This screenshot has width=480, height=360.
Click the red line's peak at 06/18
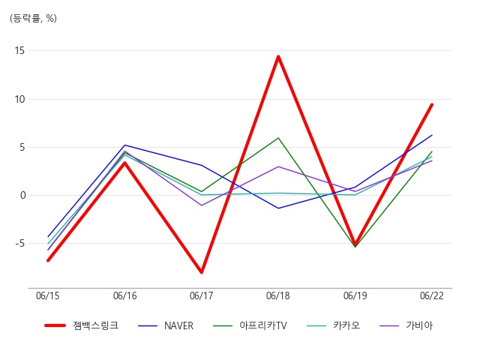click(x=278, y=56)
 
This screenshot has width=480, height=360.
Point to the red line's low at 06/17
click(x=202, y=271)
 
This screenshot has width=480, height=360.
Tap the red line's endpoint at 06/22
click(x=432, y=105)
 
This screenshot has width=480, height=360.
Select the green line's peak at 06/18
click(x=278, y=138)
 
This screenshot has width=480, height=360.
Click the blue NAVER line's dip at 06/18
click(x=278, y=208)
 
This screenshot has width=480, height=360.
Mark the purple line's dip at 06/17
click(x=202, y=205)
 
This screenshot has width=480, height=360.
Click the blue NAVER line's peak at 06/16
click(x=124, y=145)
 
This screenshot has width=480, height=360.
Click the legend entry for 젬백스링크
click(x=82, y=325)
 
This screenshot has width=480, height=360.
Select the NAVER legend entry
click(x=166, y=325)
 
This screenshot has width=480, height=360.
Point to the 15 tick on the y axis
click(x=19, y=50)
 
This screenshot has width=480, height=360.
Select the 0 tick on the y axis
click(x=22, y=195)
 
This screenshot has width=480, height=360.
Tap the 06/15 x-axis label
click(x=48, y=295)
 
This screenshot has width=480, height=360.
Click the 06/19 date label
click(x=355, y=295)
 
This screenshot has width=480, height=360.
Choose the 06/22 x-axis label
click(x=432, y=295)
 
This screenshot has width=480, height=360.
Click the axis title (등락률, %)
click(x=33, y=18)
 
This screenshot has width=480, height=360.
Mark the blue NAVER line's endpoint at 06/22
click(x=432, y=135)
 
